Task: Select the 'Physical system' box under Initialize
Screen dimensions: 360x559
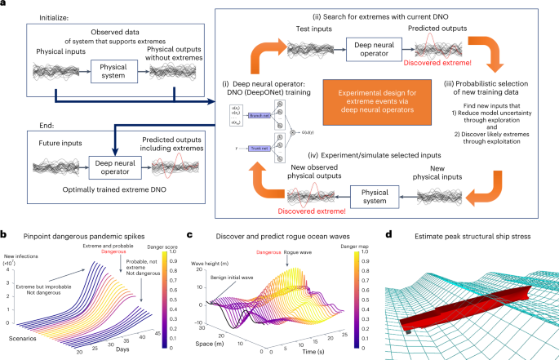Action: pos(113,65)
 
